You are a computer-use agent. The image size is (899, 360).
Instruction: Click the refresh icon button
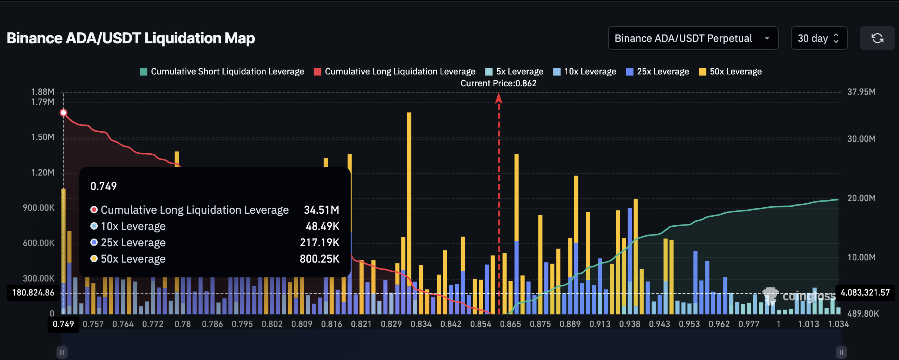[877, 38]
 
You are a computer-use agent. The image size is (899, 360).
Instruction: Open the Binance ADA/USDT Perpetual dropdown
[693, 38]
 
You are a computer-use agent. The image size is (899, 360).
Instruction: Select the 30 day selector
[819, 38]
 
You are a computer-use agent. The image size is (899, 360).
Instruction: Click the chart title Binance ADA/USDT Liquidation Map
[131, 38]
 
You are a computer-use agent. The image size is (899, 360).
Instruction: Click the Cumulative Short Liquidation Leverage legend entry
[222, 71]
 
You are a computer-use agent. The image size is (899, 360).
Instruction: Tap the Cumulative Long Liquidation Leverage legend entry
[395, 71]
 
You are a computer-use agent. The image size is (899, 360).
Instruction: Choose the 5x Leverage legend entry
[514, 71]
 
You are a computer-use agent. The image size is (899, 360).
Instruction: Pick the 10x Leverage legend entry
[585, 71]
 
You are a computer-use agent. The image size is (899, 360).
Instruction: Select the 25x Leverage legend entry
[658, 71]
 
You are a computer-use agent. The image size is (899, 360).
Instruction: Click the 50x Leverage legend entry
[730, 71]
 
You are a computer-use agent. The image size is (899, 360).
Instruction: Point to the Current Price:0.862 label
[498, 83]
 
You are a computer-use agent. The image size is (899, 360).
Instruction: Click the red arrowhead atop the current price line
[499, 98]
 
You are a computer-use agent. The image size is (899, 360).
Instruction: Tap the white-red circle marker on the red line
[63, 113]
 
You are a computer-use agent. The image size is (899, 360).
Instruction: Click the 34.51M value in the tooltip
[321, 210]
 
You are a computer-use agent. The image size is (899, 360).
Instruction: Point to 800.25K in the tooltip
[320, 259]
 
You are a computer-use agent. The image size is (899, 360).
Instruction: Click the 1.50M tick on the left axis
[43, 137]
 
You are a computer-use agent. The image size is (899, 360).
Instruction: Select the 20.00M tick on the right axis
[861, 198]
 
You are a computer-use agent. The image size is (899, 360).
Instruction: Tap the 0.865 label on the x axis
[510, 324]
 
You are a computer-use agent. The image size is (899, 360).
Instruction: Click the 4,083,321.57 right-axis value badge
[865, 293]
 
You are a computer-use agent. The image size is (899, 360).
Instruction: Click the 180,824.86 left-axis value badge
[33, 293]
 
